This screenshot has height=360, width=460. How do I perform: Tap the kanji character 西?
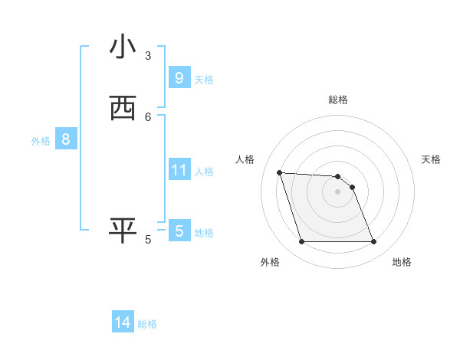click(x=123, y=108)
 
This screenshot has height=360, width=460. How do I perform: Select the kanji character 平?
click(x=123, y=231)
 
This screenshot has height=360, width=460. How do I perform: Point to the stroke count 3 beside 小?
click(x=148, y=56)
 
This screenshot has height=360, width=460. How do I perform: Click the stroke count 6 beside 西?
click(x=148, y=116)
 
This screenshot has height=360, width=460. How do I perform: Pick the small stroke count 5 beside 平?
click(x=148, y=240)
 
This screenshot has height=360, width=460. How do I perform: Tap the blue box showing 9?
click(x=179, y=77)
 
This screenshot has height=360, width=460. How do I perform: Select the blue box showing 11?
click(x=179, y=170)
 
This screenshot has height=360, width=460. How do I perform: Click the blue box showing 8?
click(x=66, y=139)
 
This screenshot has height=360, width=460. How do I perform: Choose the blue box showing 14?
click(x=123, y=322)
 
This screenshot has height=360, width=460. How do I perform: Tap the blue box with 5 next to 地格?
click(x=179, y=231)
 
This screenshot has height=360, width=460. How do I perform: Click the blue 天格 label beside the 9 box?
click(x=204, y=80)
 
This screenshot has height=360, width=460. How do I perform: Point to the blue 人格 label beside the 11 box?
click(x=204, y=172)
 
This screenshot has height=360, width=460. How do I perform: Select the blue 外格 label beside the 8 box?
click(x=41, y=141)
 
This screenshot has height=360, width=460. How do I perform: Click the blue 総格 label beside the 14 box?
click(x=147, y=324)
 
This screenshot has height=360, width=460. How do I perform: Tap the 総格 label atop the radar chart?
click(x=338, y=100)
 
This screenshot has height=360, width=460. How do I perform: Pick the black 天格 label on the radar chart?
click(x=431, y=159)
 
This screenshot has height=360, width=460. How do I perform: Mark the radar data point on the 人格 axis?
click(x=279, y=172)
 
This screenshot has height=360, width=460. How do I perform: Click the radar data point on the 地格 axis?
click(x=373, y=242)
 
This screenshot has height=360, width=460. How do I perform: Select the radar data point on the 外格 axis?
click(x=301, y=242)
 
